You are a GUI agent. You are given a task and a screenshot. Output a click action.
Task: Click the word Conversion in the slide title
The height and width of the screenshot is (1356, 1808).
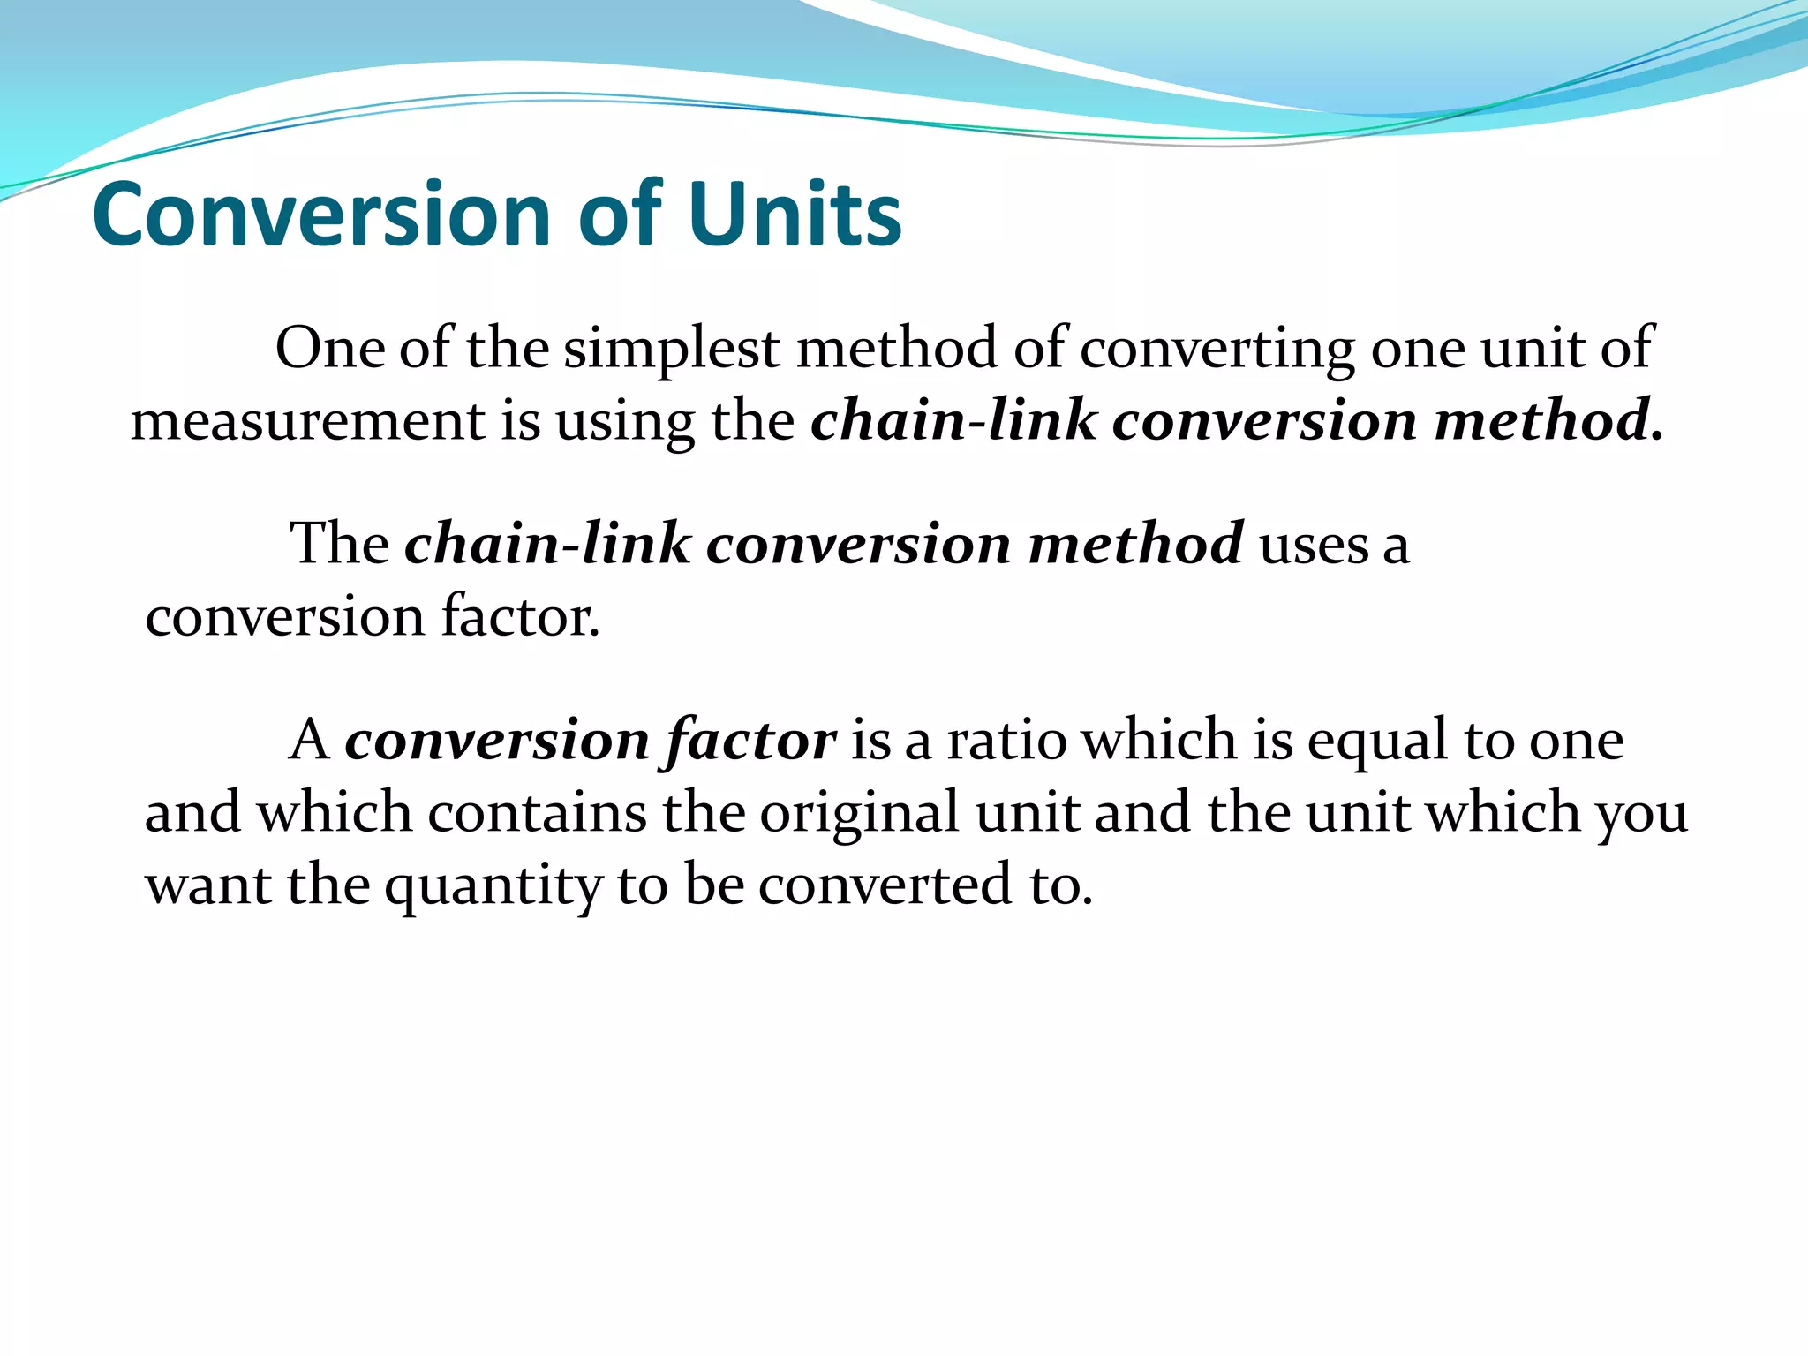tap(322, 215)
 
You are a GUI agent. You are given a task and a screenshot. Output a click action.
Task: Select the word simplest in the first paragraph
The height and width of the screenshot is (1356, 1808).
tap(672, 349)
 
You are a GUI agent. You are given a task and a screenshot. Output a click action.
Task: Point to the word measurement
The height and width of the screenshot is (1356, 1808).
tap(308, 420)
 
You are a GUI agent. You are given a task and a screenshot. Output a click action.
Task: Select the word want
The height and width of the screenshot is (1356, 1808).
tap(208, 885)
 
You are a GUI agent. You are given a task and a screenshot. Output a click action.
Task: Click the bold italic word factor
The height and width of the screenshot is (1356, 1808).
tap(750, 741)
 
